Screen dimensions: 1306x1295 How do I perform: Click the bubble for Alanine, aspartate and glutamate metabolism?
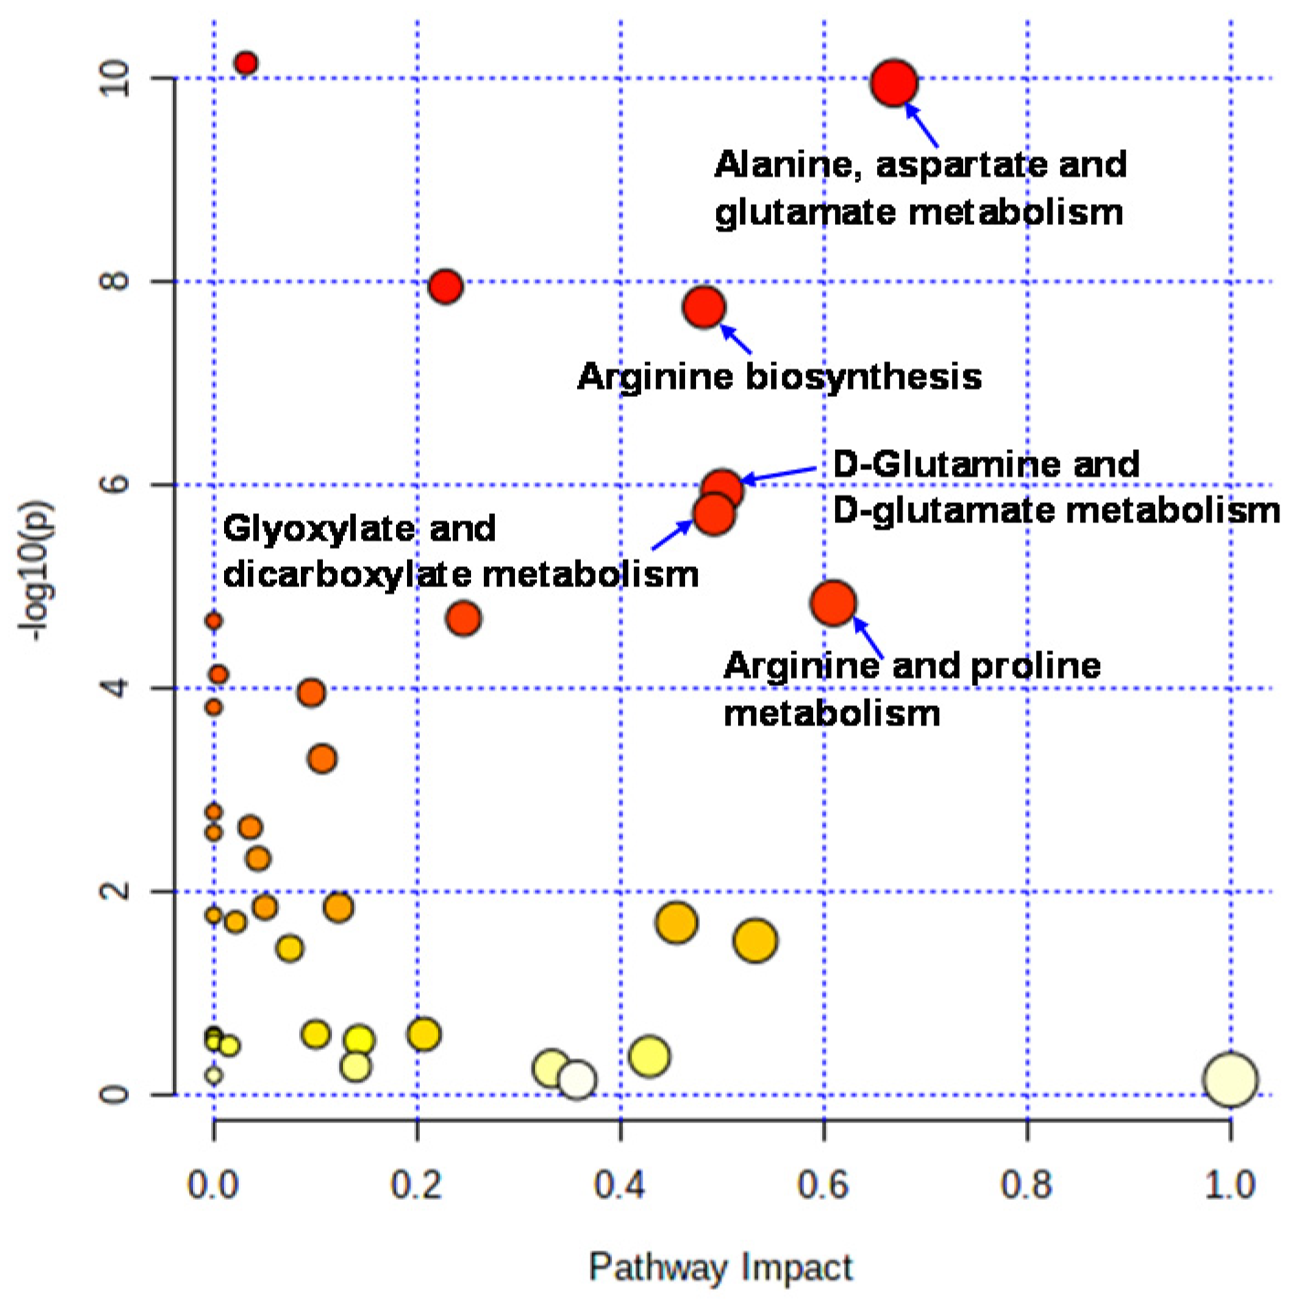pyautogui.click(x=894, y=83)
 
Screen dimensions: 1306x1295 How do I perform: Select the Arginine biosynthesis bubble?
pyautogui.click(x=703, y=307)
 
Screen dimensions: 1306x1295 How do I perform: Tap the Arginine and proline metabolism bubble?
pyautogui.click(x=832, y=603)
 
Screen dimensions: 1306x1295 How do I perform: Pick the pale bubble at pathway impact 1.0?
pyautogui.click(x=1230, y=1079)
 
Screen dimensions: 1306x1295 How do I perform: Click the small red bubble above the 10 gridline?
pyautogui.click(x=245, y=63)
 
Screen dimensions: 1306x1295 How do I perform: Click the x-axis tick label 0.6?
pyautogui.click(x=823, y=1184)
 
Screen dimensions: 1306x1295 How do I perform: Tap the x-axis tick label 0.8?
pyautogui.click(x=1026, y=1184)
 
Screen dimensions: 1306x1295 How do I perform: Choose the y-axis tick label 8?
pyautogui.click(x=115, y=281)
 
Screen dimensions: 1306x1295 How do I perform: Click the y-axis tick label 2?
pyautogui.click(x=115, y=891)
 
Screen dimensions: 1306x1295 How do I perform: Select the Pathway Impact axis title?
pyautogui.click(x=721, y=1268)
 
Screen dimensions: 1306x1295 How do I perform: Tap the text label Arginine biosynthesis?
pyautogui.click(x=779, y=377)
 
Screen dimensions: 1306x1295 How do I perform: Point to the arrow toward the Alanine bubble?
pyautogui.click(x=922, y=126)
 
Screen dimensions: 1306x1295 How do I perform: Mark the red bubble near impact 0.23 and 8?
pyautogui.click(x=444, y=286)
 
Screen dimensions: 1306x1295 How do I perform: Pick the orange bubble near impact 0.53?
pyautogui.click(x=755, y=940)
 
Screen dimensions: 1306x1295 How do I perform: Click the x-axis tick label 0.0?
pyautogui.click(x=212, y=1184)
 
